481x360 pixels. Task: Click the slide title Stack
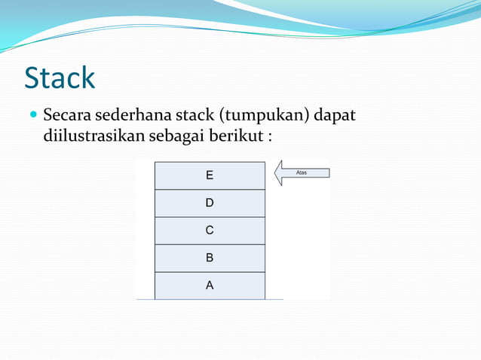click(x=60, y=78)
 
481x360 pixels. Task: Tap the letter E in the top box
click(x=210, y=175)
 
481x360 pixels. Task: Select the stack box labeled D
click(x=210, y=203)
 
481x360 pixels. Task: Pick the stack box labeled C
click(x=210, y=230)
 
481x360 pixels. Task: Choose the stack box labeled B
click(x=210, y=258)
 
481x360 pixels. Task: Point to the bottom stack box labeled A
click(x=210, y=285)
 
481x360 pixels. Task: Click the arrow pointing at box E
click(x=301, y=172)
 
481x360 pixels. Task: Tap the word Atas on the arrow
click(x=302, y=172)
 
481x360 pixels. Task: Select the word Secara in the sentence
click(x=67, y=117)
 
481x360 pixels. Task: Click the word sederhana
click(x=133, y=117)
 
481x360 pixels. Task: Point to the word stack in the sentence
click(x=194, y=117)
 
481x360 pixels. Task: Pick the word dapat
click(x=335, y=117)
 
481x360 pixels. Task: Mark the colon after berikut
click(x=268, y=139)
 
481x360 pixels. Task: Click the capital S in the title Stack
click(x=33, y=78)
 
